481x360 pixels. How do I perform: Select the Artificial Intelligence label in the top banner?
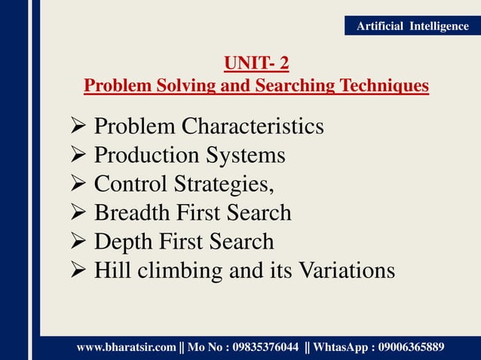pos(412,26)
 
